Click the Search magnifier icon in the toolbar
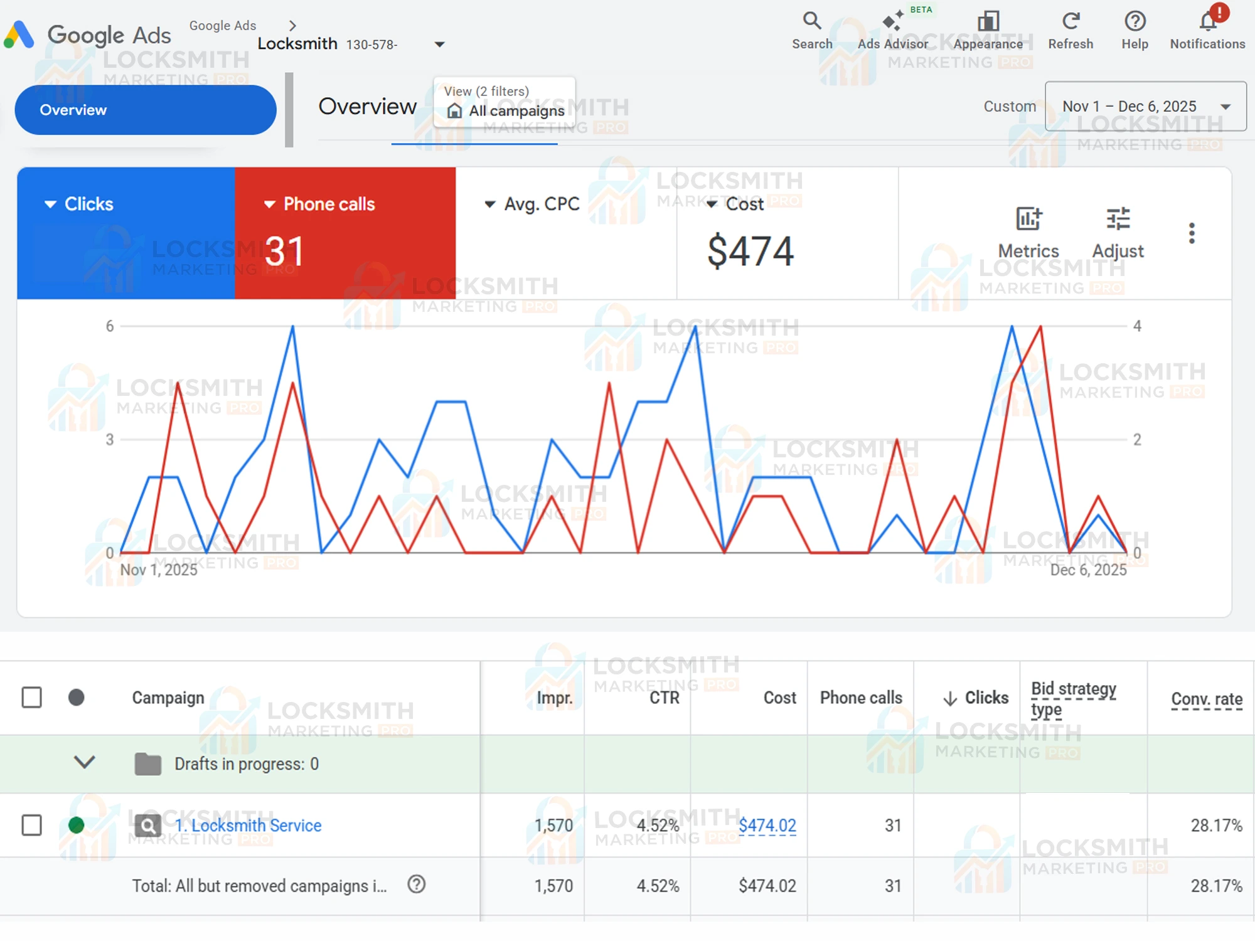[x=811, y=21]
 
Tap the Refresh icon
[x=1071, y=21]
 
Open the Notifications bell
[x=1208, y=21]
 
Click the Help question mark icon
[x=1135, y=21]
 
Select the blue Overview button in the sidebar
[x=145, y=110]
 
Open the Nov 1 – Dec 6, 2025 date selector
[x=1145, y=106]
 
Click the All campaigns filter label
[x=516, y=111]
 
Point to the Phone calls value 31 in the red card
[x=284, y=251]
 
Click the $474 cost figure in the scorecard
[x=750, y=251]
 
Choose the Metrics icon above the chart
[x=1028, y=220]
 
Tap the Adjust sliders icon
[x=1118, y=220]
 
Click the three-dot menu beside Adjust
[x=1192, y=233]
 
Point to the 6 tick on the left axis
[x=110, y=326]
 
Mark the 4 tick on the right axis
[x=1137, y=326]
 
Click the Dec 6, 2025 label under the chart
[x=1088, y=570]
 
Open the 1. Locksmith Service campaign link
[x=248, y=826]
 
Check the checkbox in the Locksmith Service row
[x=32, y=826]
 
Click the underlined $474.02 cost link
[x=767, y=826]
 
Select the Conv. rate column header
[x=1206, y=698]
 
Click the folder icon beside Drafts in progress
[x=148, y=764]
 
